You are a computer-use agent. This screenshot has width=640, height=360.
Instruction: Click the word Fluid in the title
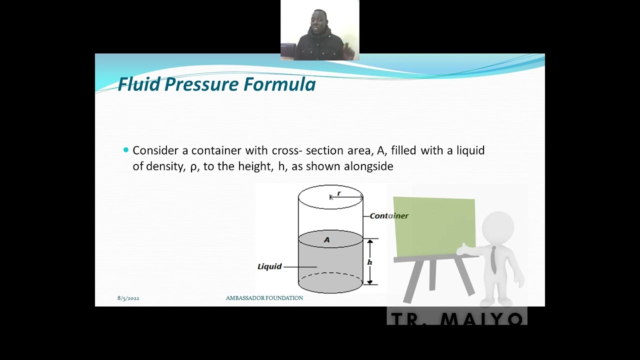click(139, 84)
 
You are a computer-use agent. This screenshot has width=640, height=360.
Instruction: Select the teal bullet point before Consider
click(126, 149)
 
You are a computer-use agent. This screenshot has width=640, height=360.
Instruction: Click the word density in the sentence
click(165, 166)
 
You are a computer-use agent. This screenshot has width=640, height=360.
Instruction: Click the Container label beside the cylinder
click(389, 215)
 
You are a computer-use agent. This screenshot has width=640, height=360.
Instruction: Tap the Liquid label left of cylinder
click(269, 266)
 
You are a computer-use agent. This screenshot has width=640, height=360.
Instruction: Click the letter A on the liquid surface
click(327, 239)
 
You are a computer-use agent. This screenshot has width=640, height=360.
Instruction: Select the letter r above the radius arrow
click(339, 193)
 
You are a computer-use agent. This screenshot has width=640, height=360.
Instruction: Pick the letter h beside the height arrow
click(369, 262)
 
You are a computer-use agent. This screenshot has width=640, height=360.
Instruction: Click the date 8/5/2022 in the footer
click(128, 298)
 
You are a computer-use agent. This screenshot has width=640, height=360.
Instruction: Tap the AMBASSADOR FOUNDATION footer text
click(264, 298)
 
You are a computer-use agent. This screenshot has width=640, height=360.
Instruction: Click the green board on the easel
click(434, 226)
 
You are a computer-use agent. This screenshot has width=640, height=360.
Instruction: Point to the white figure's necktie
click(493, 260)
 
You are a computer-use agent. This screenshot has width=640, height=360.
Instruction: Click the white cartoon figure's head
click(498, 227)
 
